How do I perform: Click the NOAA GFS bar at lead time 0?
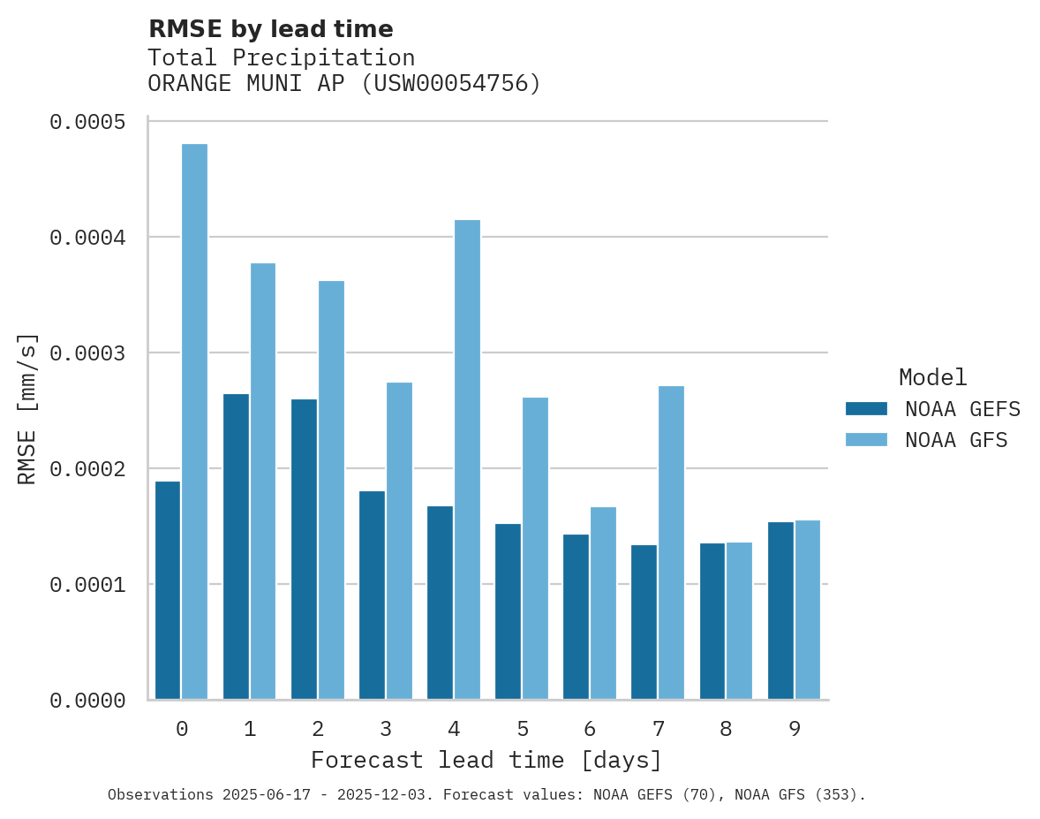pos(194,421)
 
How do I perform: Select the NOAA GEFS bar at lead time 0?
pos(168,590)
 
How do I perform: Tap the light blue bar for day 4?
pos(467,459)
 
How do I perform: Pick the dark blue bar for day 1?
pos(236,546)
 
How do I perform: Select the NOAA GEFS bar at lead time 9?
pos(780,610)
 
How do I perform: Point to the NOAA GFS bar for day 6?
pos(603,603)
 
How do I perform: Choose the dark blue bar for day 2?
pos(304,549)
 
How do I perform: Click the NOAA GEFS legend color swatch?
pos(866,409)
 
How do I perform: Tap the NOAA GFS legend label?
pos(955,440)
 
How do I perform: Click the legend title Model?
pos(932,377)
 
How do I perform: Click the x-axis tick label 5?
pos(523,729)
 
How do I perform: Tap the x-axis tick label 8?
pos(726,729)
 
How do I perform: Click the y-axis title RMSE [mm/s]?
pos(27,409)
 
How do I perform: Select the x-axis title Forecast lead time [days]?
pos(486,760)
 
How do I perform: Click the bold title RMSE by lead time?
pos(270,29)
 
